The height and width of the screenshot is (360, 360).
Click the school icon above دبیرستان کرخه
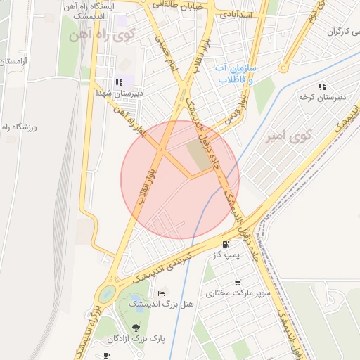coord(322,86)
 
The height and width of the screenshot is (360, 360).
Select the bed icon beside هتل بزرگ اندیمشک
coord(162,293)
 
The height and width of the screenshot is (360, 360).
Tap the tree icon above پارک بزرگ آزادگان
coord(136,327)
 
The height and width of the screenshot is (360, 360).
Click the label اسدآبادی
coord(233,13)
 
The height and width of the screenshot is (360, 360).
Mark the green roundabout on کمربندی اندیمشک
coord(106,295)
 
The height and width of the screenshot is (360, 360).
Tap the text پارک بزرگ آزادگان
coord(136,339)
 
